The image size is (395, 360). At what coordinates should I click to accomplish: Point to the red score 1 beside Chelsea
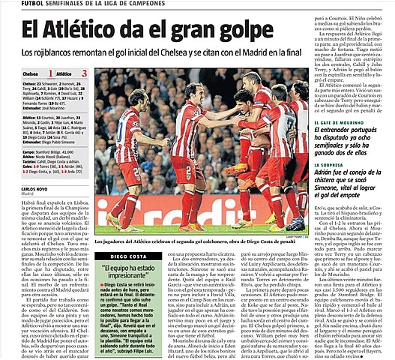coord(50,74)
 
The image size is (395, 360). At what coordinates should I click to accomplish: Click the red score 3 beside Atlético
coord(85,74)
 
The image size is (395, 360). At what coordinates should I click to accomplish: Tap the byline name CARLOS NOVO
coord(16,188)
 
